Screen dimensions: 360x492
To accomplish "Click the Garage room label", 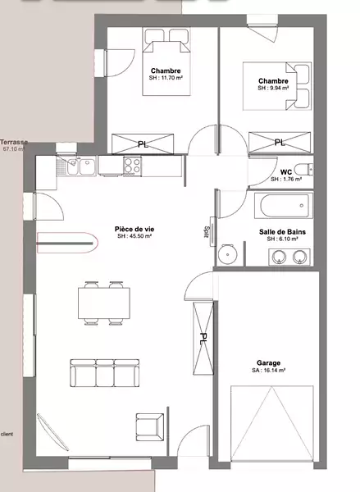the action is point(268,362).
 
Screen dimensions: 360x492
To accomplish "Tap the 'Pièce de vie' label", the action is point(134,229).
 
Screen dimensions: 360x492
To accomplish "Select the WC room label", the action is point(286,172).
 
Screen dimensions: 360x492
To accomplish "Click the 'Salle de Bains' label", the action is point(282,232).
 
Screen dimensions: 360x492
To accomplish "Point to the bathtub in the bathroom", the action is point(284,206).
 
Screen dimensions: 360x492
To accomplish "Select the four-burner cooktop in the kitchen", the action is point(132,166).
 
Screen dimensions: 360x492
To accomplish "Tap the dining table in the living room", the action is point(104,303).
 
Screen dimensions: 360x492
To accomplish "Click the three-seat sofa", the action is point(104,373).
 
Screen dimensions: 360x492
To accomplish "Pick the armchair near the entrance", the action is point(150,427).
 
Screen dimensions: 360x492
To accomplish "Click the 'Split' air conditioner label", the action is point(207,232).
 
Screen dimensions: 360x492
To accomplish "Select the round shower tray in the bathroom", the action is point(227,254).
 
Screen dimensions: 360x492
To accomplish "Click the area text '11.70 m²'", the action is point(172,78).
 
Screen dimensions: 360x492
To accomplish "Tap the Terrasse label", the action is point(14,142).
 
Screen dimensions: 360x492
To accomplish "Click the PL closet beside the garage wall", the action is point(203,338).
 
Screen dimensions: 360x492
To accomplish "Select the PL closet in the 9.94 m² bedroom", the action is point(280,143).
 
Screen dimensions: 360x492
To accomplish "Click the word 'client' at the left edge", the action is point(7,435).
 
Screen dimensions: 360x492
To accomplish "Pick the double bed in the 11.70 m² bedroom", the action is point(166,61).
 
